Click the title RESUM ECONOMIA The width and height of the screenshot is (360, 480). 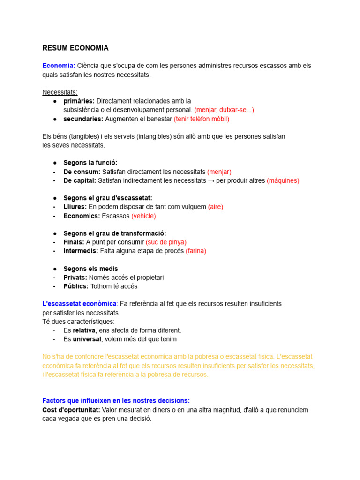point(75,48)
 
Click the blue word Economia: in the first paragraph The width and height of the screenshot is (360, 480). point(59,66)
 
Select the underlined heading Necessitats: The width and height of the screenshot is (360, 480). point(60,92)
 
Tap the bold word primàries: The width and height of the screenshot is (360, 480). point(79,101)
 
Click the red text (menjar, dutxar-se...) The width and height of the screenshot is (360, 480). point(224,110)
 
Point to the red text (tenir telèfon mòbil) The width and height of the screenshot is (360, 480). point(202,119)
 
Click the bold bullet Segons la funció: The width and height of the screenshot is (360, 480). point(90,163)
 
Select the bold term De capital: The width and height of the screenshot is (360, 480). point(80,180)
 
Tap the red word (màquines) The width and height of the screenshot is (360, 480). point(283,180)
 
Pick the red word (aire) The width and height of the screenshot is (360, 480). point(216,207)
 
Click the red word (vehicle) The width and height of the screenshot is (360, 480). point(143,216)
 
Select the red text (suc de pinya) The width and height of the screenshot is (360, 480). point(166,242)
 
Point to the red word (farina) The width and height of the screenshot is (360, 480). point(196,251)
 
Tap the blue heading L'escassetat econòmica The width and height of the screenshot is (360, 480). point(79,304)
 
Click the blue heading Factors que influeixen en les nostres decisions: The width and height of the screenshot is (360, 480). point(116,401)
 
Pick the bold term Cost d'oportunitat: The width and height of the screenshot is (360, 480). point(71,410)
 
